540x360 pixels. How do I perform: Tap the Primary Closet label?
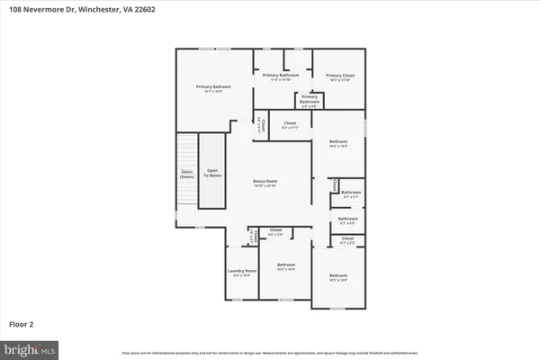pyautogui.click(x=339, y=76)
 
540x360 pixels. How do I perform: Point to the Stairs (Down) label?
pyautogui.click(x=186, y=175)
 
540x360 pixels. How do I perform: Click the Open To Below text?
pyautogui.click(x=211, y=175)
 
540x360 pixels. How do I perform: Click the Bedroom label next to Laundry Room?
pyautogui.click(x=285, y=267)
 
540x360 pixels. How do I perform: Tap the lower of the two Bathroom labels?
pyautogui.click(x=347, y=219)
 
